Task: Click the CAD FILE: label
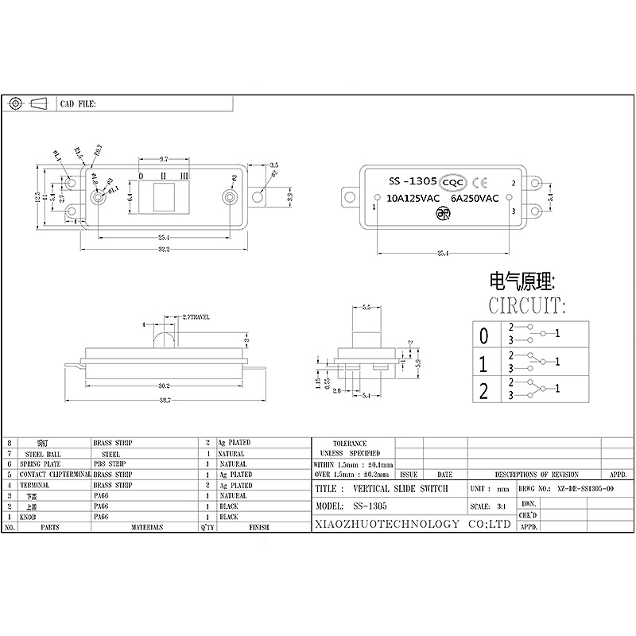[78, 103]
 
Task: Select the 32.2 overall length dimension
[163, 249]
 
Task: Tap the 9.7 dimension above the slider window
[163, 159]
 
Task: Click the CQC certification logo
[453, 181]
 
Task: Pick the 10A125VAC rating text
[412, 199]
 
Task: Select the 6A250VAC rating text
[474, 199]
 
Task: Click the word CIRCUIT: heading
[527, 305]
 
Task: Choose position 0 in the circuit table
[483, 335]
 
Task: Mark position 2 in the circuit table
[483, 390]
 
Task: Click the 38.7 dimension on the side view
[163, 398]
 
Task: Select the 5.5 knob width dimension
[366, 306]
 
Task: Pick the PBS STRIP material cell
[109, 463]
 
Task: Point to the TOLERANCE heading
[350, 443]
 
